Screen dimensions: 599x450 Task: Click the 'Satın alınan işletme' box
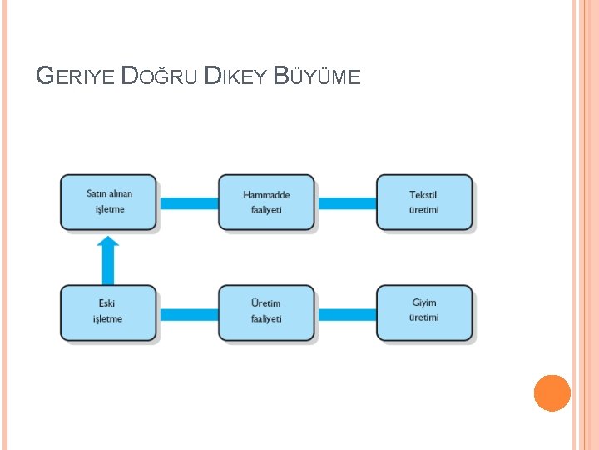coord(108,202)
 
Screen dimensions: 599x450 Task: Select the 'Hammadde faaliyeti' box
coord(266,202)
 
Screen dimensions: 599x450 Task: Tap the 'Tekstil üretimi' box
coord(424,202)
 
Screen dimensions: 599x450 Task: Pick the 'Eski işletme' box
coord(108,312)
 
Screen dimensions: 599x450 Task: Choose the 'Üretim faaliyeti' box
coord(266,312)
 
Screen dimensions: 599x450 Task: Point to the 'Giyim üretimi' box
coord(424,312)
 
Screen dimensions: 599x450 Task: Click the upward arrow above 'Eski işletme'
coord(108,259)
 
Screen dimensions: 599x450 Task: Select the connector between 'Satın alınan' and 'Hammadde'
coord(188,202)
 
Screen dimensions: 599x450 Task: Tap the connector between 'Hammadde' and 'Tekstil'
coord(346,202)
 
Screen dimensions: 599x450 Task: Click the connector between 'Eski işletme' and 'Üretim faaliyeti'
coord(188,314)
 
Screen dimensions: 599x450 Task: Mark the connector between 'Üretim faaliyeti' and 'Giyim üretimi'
coord(346,314)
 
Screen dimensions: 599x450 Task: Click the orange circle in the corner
coord(552,392)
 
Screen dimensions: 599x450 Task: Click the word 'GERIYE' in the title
coord(77,77)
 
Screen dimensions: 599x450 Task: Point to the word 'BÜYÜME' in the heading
coord(317,77)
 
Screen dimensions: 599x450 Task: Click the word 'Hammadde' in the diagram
coord(266,195)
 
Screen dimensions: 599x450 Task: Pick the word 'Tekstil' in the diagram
coord(423,195)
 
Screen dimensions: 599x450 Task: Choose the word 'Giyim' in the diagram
coord(423,303)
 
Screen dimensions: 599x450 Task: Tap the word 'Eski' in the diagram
coord(106,303)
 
